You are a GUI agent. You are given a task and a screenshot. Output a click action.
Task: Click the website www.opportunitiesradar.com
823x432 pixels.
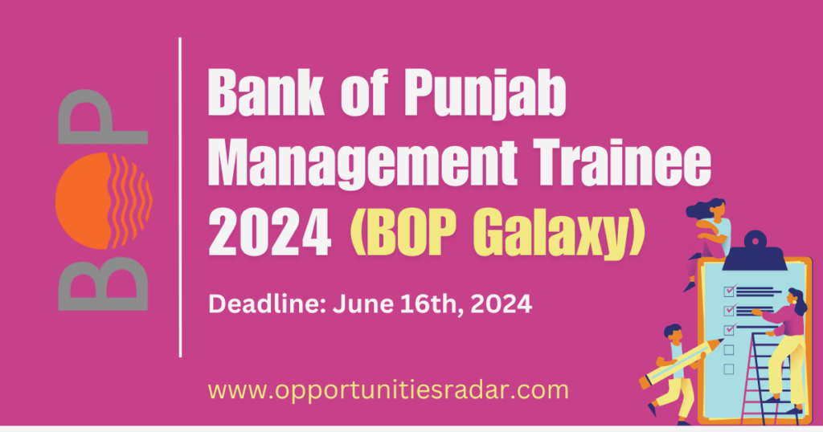pyautogui.click(x=388, y=390)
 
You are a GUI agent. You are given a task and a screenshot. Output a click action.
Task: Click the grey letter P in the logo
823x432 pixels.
pyautogui.click(x=104, y=120)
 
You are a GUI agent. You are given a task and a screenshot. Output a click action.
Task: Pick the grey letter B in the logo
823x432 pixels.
pyautogui.click(x=104, y=278)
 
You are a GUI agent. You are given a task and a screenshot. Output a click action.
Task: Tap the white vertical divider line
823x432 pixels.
pyautogui.click(x=180, y=197)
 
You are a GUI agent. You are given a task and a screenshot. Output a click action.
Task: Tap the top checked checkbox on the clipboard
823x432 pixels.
pyautogui.click(x=729, y=291)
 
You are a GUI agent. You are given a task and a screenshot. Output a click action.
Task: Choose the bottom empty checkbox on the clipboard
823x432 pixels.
pyautogui.click(x=729, y=369)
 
